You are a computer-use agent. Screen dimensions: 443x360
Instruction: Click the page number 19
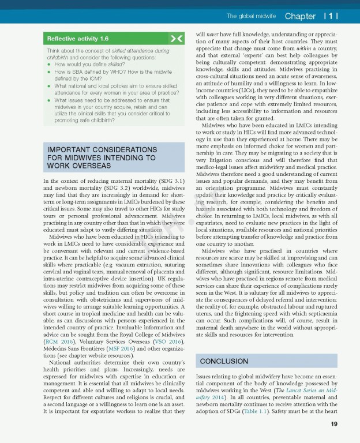pos(334,425)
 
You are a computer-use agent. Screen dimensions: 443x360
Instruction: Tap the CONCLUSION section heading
pos(224,361)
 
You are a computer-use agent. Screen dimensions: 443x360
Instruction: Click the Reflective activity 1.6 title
pos(78,39)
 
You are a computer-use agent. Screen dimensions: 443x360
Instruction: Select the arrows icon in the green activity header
pos(177,39)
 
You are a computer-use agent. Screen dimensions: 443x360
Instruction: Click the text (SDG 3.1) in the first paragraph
pos(171,182)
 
